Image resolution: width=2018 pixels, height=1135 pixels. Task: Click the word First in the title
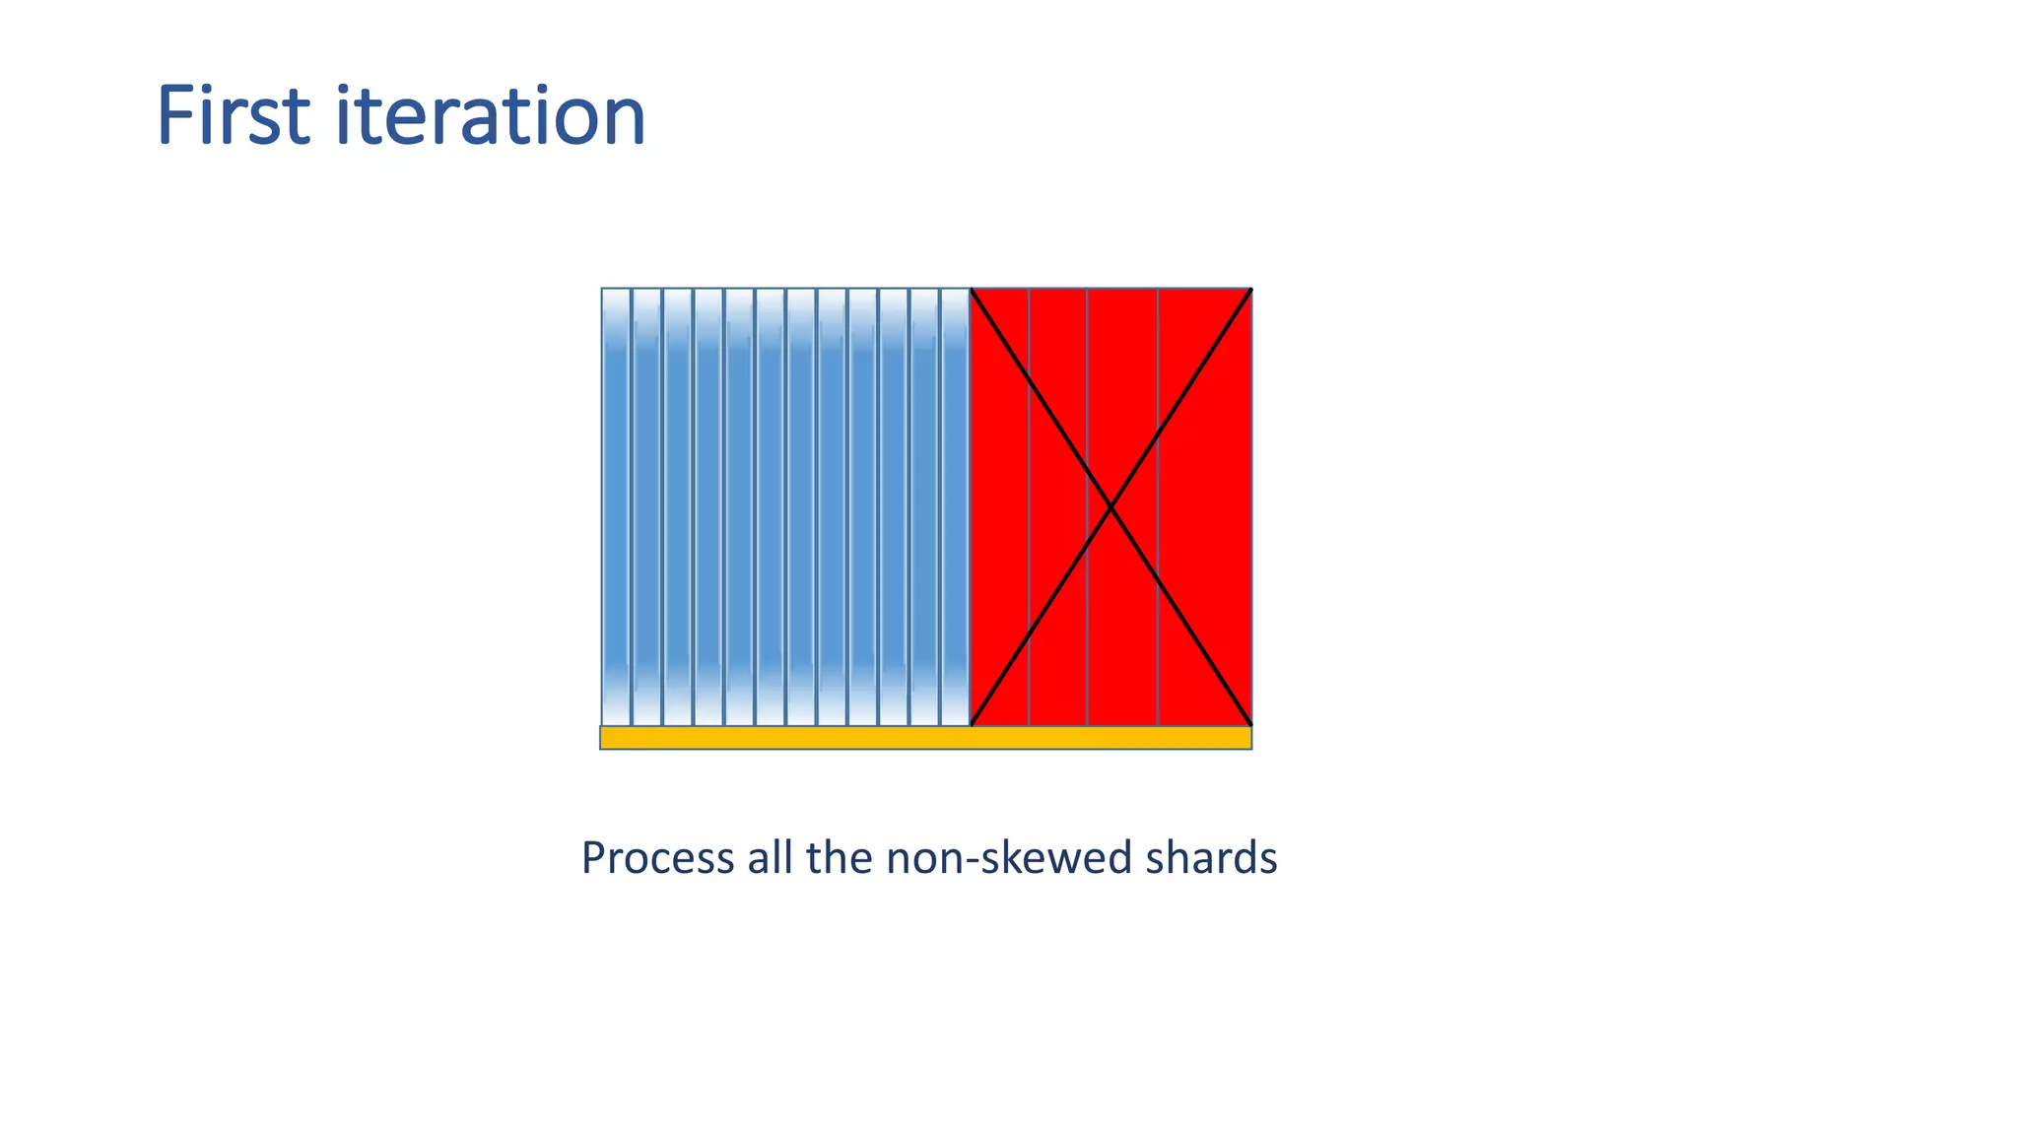coord(234,116)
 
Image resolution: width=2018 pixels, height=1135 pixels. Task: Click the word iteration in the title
coord(490,116)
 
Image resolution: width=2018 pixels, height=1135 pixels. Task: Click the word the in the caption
coord(838,858)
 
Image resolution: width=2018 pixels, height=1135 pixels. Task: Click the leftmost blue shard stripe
coord(616,507)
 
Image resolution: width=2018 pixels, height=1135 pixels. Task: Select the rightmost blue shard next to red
coord(955,507)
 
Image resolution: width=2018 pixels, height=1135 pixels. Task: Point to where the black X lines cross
coord(1111,507)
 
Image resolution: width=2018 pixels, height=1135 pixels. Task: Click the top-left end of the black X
coord(973,291)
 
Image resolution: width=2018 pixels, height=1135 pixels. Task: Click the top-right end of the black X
coord(1249,291)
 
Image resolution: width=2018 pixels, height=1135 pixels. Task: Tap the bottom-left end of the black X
coord(973,723)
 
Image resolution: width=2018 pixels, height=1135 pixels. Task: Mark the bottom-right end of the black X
coord(1249,723)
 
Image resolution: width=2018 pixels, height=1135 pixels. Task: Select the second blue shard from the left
coord(646,507)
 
